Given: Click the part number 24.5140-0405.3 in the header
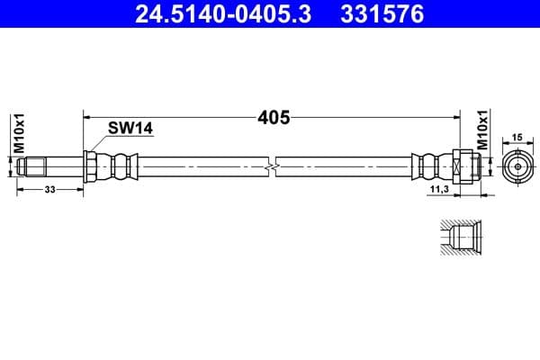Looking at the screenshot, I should point(222,14).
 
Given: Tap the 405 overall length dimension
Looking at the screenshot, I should point(269,116).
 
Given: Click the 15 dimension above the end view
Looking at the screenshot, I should point(517,138).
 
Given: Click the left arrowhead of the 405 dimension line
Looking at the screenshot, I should point(87,116).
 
